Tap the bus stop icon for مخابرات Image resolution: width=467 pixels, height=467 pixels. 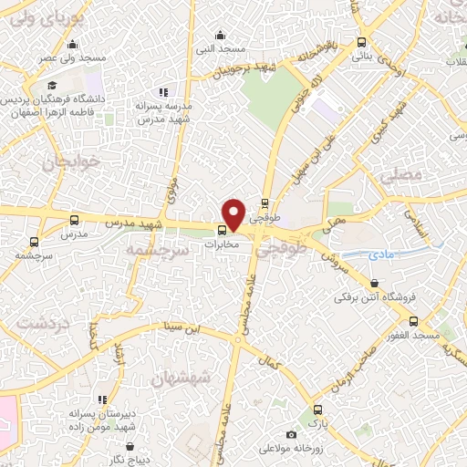point(222,229)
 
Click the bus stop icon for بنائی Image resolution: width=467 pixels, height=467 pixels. point(362,42)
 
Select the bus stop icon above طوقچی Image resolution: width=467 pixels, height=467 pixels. point(265,203)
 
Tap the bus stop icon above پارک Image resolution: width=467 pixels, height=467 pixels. point(317,410)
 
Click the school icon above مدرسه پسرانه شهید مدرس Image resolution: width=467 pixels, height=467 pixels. point(163,92)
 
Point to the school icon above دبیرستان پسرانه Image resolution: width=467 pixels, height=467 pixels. point(102,400)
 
